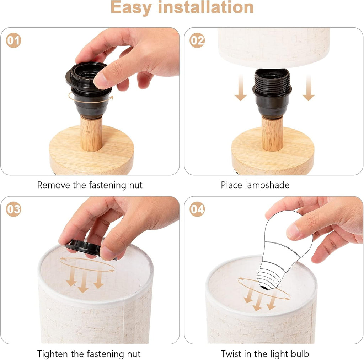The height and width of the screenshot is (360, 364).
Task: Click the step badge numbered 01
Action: coord(14,40)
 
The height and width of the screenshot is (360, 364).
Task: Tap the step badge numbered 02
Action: coord(197,40)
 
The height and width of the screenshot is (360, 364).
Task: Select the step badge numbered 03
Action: coord(14,209)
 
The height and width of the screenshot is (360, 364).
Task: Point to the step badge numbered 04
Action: coord(197,209)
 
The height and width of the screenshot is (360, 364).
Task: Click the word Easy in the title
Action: coord(131,7)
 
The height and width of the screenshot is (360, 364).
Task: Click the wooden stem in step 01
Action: coord(91,134)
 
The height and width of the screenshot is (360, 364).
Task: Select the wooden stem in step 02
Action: coord(272,133)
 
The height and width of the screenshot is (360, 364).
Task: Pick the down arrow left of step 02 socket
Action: coord(241,88)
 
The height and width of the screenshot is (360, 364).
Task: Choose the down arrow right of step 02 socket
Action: coord(309,88)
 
